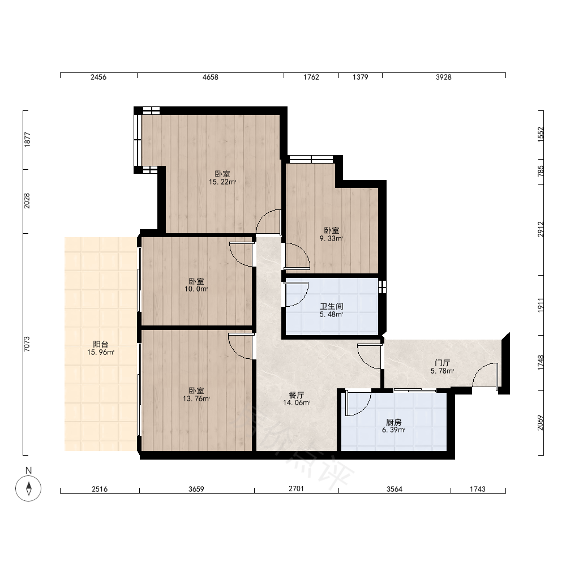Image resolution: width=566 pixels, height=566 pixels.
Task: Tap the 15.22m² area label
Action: click(222, 182)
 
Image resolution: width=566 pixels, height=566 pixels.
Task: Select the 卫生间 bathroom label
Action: click(331, 306)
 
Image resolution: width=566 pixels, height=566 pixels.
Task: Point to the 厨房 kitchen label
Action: click(393, 422)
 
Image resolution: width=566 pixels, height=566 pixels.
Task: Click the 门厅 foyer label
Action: click(442, 363)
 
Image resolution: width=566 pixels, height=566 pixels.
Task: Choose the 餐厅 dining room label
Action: click(297, 395)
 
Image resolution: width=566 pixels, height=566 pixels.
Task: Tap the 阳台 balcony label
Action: click(100, 344)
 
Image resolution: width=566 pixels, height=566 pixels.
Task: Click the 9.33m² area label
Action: click(331, 239)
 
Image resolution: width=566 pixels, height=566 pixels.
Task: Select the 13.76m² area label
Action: click(196, 399)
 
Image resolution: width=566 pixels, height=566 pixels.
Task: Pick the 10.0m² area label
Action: click(196, 289)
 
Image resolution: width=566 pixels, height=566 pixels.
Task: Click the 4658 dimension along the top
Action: click(210, 77)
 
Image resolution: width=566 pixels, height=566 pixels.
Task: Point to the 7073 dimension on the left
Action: click(27, 344)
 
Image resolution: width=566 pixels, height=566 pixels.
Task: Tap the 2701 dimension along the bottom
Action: click(296, 489)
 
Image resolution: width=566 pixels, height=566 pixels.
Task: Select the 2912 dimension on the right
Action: click(541, 229)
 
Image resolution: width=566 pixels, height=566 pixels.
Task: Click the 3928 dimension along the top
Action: click(444, 77)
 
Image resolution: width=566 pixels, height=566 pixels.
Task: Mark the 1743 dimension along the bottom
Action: click(478, 489)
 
